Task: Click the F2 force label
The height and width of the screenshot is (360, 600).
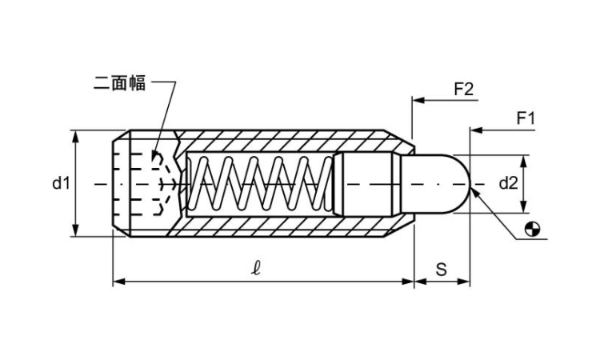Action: pos(463,89)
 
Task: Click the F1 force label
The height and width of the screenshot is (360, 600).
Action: pos(525,118)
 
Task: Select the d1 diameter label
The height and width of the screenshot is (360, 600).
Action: pos(62,184)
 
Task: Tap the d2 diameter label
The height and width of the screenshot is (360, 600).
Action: pos(509,184)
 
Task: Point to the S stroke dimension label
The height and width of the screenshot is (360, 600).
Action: pos(442,270)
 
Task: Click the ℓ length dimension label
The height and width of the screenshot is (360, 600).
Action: pos(256,270)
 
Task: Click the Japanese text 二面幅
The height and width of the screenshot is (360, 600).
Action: pos(120,83)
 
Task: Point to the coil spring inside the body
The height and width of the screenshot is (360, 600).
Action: pos(260,184)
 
